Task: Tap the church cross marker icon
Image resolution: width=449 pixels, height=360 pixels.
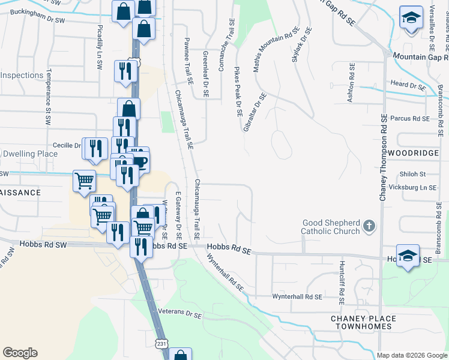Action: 369,226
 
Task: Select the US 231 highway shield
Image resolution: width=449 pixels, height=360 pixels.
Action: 160,343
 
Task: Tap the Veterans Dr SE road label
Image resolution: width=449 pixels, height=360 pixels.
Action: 180,313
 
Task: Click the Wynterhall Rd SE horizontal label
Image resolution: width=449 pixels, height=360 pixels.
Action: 297,296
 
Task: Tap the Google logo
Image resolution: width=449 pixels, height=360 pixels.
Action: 20,353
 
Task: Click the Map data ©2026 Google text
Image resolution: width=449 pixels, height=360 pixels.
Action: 411,355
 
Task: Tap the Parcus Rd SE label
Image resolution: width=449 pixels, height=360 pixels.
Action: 410,119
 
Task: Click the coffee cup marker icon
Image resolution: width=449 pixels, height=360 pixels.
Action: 140,161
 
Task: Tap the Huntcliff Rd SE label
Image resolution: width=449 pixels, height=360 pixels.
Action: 341,281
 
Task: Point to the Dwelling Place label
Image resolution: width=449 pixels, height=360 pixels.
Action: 30,154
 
